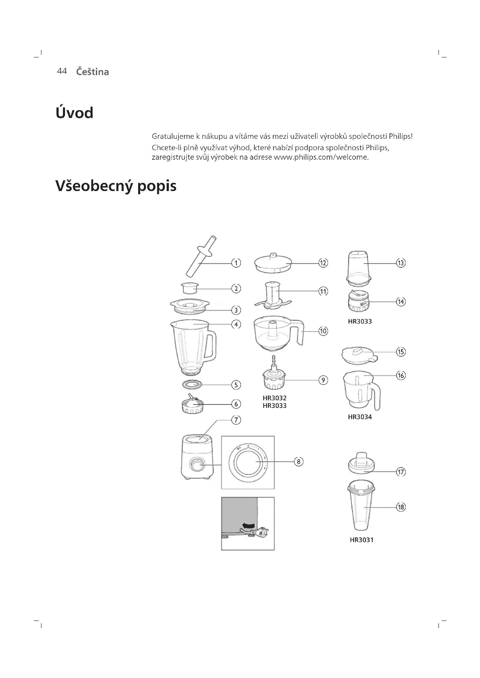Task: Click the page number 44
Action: [62, 71]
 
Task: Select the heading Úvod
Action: [75, 113]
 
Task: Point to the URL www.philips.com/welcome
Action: [321, 157]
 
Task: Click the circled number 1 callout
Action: [236, 263]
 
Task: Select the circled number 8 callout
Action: [299, 461]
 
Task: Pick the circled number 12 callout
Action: [323, 263]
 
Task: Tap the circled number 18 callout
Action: [401, 507]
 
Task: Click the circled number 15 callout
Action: [401, 352]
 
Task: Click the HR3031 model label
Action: [362, 540]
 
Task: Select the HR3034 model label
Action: [360, 417]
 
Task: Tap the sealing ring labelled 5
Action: [192, 384]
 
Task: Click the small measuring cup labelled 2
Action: [190, 288]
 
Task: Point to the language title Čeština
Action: [93, 72]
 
